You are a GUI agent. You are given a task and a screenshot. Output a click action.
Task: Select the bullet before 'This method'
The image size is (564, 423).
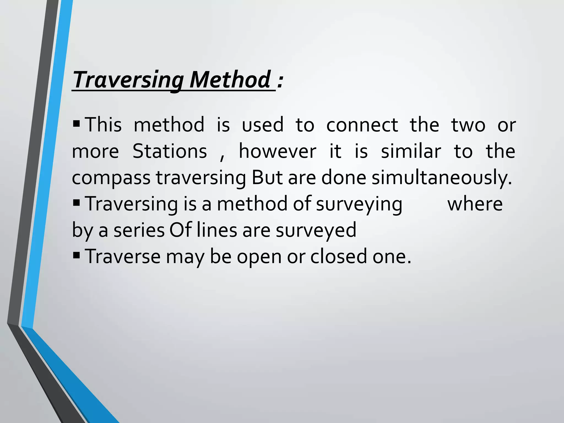click(76, 122)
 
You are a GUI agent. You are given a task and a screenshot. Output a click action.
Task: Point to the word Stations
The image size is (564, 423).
click(170, 151)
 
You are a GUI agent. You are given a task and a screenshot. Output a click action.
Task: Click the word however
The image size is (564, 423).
click(278, 151)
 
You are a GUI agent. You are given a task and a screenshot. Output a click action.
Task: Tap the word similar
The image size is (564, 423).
click(411, 151)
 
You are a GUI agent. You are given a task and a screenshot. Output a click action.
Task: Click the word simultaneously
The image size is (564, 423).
click(441, 178)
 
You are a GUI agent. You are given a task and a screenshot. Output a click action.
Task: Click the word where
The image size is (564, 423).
click(475, 204)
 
